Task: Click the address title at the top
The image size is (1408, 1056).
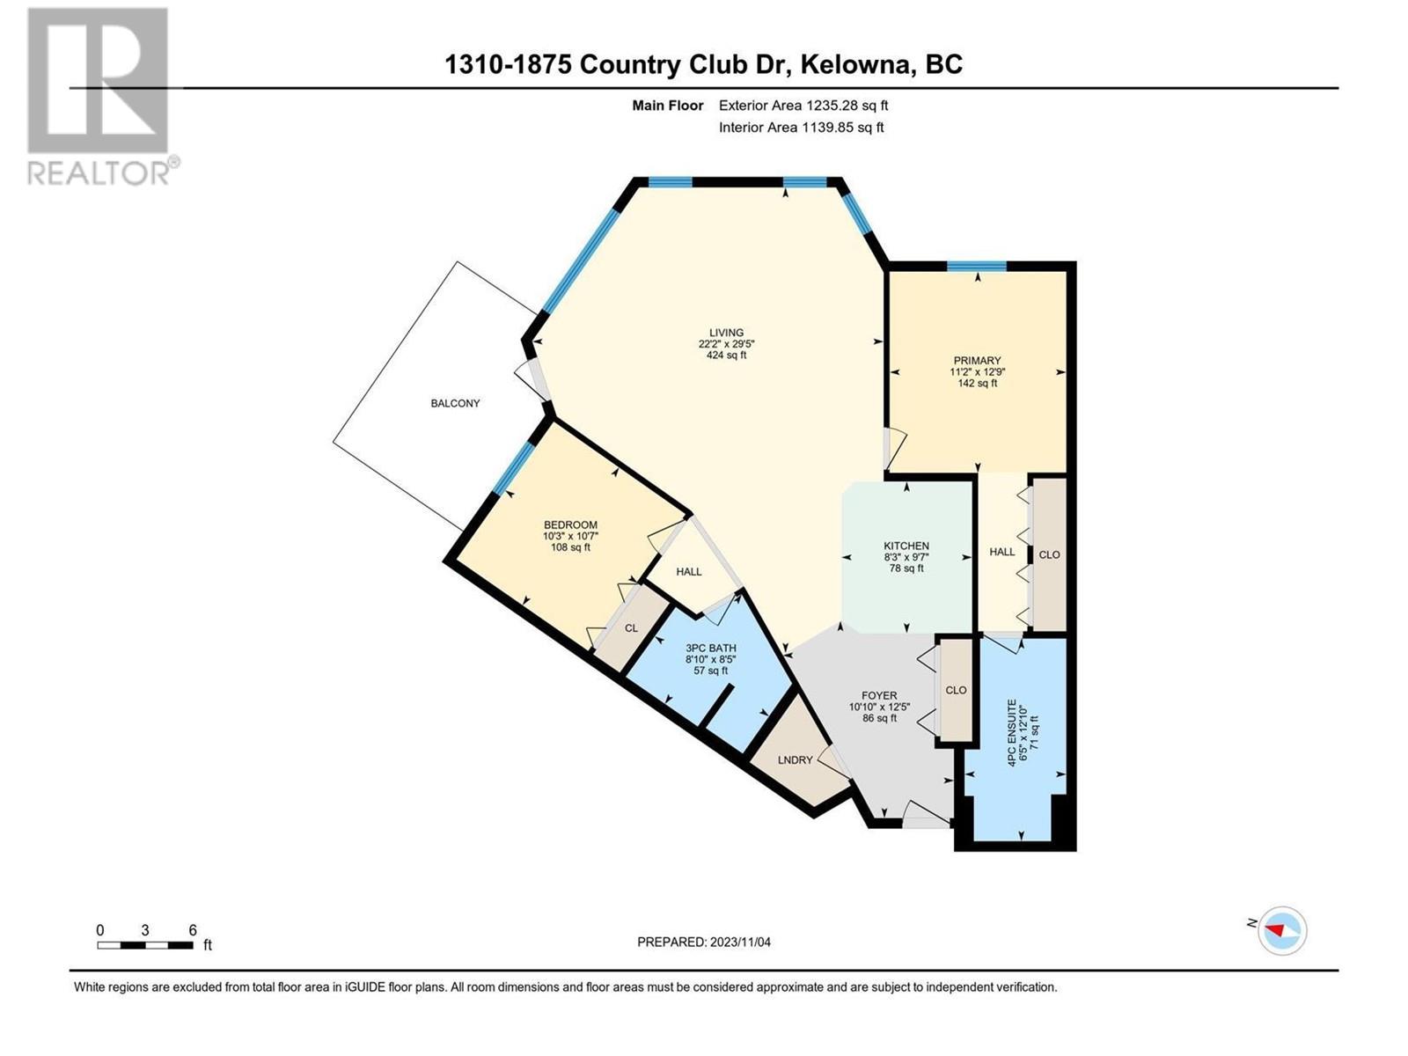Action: [703, 64]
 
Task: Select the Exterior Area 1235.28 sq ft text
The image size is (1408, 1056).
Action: [803, 106]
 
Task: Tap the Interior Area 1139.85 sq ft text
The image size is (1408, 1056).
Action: [801, 128]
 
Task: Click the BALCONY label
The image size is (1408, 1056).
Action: [455, 403]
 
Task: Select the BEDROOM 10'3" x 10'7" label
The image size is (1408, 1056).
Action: [570, 536]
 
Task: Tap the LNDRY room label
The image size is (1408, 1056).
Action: [796, 759]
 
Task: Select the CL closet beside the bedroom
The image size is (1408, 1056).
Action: [631, 628]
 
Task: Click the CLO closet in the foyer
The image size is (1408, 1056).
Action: [956, 690]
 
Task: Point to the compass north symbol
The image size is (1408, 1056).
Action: [1282, 930]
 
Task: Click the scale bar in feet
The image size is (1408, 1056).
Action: [145, 945]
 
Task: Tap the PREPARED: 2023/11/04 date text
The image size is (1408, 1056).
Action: [704, 942]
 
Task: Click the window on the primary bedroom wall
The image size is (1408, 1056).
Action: [977, 266]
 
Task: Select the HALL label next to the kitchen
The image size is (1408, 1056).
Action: [1001, 552]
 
